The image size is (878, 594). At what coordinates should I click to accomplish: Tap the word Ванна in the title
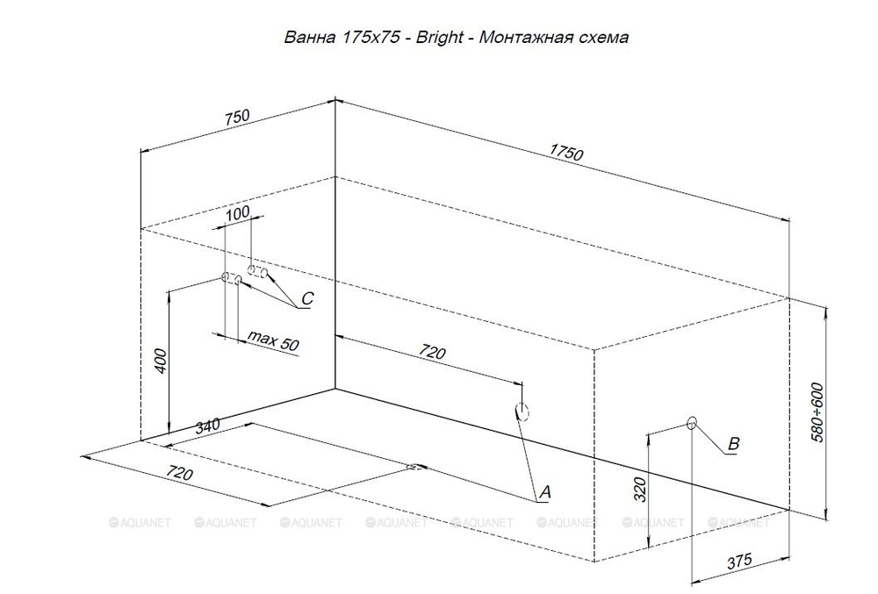305,38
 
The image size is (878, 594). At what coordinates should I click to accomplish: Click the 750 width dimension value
238,118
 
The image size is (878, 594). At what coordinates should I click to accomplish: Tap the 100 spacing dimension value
238,213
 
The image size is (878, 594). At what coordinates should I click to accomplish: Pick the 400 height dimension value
159,360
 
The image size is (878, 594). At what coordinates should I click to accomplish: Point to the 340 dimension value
208,426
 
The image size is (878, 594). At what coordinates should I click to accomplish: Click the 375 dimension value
740,562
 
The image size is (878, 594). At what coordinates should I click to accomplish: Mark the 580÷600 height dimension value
817,411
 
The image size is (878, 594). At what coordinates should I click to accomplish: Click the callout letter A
543,493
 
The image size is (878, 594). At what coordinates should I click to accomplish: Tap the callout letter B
734,444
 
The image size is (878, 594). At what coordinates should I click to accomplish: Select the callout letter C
306,299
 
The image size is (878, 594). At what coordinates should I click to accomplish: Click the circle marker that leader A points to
522,411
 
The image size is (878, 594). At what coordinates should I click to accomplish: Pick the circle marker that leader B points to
691,424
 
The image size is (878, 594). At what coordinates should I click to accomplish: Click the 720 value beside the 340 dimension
179,474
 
